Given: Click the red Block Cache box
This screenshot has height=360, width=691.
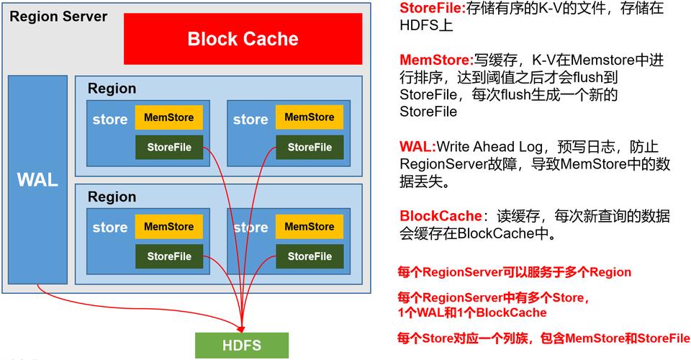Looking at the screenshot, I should [x=243, y=39].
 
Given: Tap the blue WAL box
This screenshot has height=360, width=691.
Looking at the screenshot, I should [x=37, y=180].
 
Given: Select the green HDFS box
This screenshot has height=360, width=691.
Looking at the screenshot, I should [x=241, y=345].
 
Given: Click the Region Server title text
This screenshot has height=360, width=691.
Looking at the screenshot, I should [x=58, y=17].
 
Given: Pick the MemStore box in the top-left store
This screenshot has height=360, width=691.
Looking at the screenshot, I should [x=168, y=117].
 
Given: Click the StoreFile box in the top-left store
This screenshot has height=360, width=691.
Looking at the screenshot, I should [x=168, y=147].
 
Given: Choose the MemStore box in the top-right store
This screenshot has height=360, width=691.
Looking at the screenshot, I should [x=309, y=117].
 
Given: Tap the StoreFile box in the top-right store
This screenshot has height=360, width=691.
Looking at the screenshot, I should [x=309, y=147].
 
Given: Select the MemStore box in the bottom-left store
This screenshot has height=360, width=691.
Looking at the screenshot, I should [x=168, y=227].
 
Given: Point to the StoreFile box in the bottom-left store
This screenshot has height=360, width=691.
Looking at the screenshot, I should [x=168, y=256].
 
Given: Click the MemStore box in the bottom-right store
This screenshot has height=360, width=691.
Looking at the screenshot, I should [x=309, y=227].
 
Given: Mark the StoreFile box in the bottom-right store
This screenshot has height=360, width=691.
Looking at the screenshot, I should [x=309, y=256].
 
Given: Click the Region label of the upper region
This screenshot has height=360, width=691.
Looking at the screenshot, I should [x=112, y=89].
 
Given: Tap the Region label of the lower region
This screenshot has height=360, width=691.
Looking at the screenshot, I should [x=112, y=197].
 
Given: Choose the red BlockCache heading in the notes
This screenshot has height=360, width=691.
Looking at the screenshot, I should [x=440, y=216].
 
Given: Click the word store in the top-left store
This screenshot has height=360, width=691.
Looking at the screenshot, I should [x=109, y=120].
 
